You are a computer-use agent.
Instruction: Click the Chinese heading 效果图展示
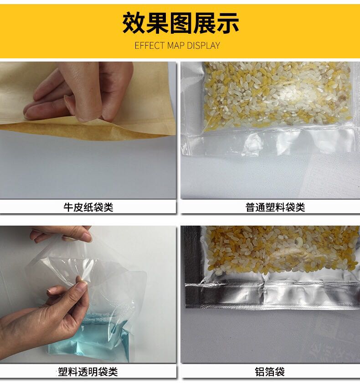point(180,23)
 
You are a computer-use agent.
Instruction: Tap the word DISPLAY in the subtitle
point(203,46)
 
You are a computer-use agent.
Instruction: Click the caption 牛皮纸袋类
point(88,207)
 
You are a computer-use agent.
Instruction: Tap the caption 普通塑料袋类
point(275,207)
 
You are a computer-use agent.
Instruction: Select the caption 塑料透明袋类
point(87,371)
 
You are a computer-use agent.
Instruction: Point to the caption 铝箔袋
point(270,371)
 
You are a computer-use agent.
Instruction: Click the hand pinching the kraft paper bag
point(81,91)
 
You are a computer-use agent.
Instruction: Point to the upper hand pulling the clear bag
point(62,233)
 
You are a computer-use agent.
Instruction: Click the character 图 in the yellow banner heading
point(180,23)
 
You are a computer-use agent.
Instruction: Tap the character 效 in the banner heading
point(133,23)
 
